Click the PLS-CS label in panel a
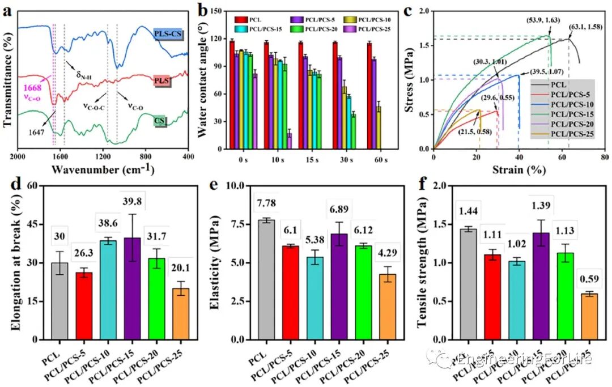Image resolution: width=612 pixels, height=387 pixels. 168,34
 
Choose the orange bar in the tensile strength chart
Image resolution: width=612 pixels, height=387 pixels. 589,316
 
